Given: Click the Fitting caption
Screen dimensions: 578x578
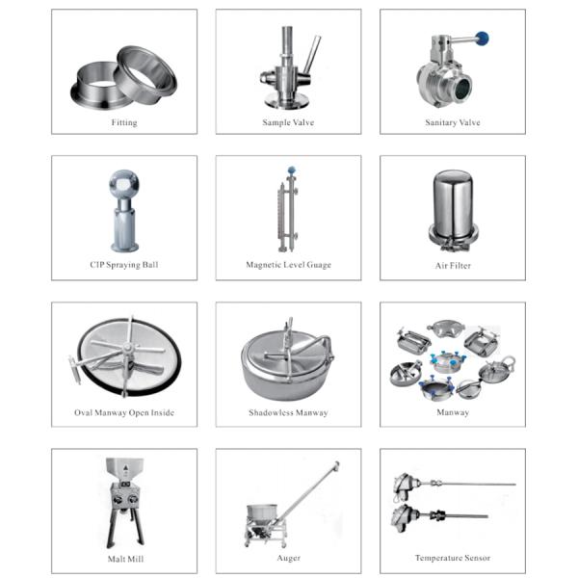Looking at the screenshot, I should [124, 122].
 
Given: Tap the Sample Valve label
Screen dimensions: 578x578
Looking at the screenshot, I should [288, 122].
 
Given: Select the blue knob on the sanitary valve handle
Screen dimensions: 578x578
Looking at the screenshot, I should [483, 39].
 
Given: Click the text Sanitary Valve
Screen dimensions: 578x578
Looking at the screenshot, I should [453, 122].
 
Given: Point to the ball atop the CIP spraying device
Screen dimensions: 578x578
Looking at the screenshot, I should [125, 183].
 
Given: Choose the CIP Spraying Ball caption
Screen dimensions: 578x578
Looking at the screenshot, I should [124, 265].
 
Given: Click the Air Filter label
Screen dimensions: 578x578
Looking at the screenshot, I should [453, 265].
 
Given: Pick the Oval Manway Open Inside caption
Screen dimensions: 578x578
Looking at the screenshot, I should [124, 412].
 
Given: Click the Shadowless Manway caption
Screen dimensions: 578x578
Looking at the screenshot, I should [288, 412].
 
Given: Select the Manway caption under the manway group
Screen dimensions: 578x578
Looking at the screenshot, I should [453, 412].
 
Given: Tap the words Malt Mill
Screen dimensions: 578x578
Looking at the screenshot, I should [124, 559].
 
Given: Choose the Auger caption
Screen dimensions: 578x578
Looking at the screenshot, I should [288, 558].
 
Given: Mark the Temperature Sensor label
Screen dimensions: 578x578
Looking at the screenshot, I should [453, 558].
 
